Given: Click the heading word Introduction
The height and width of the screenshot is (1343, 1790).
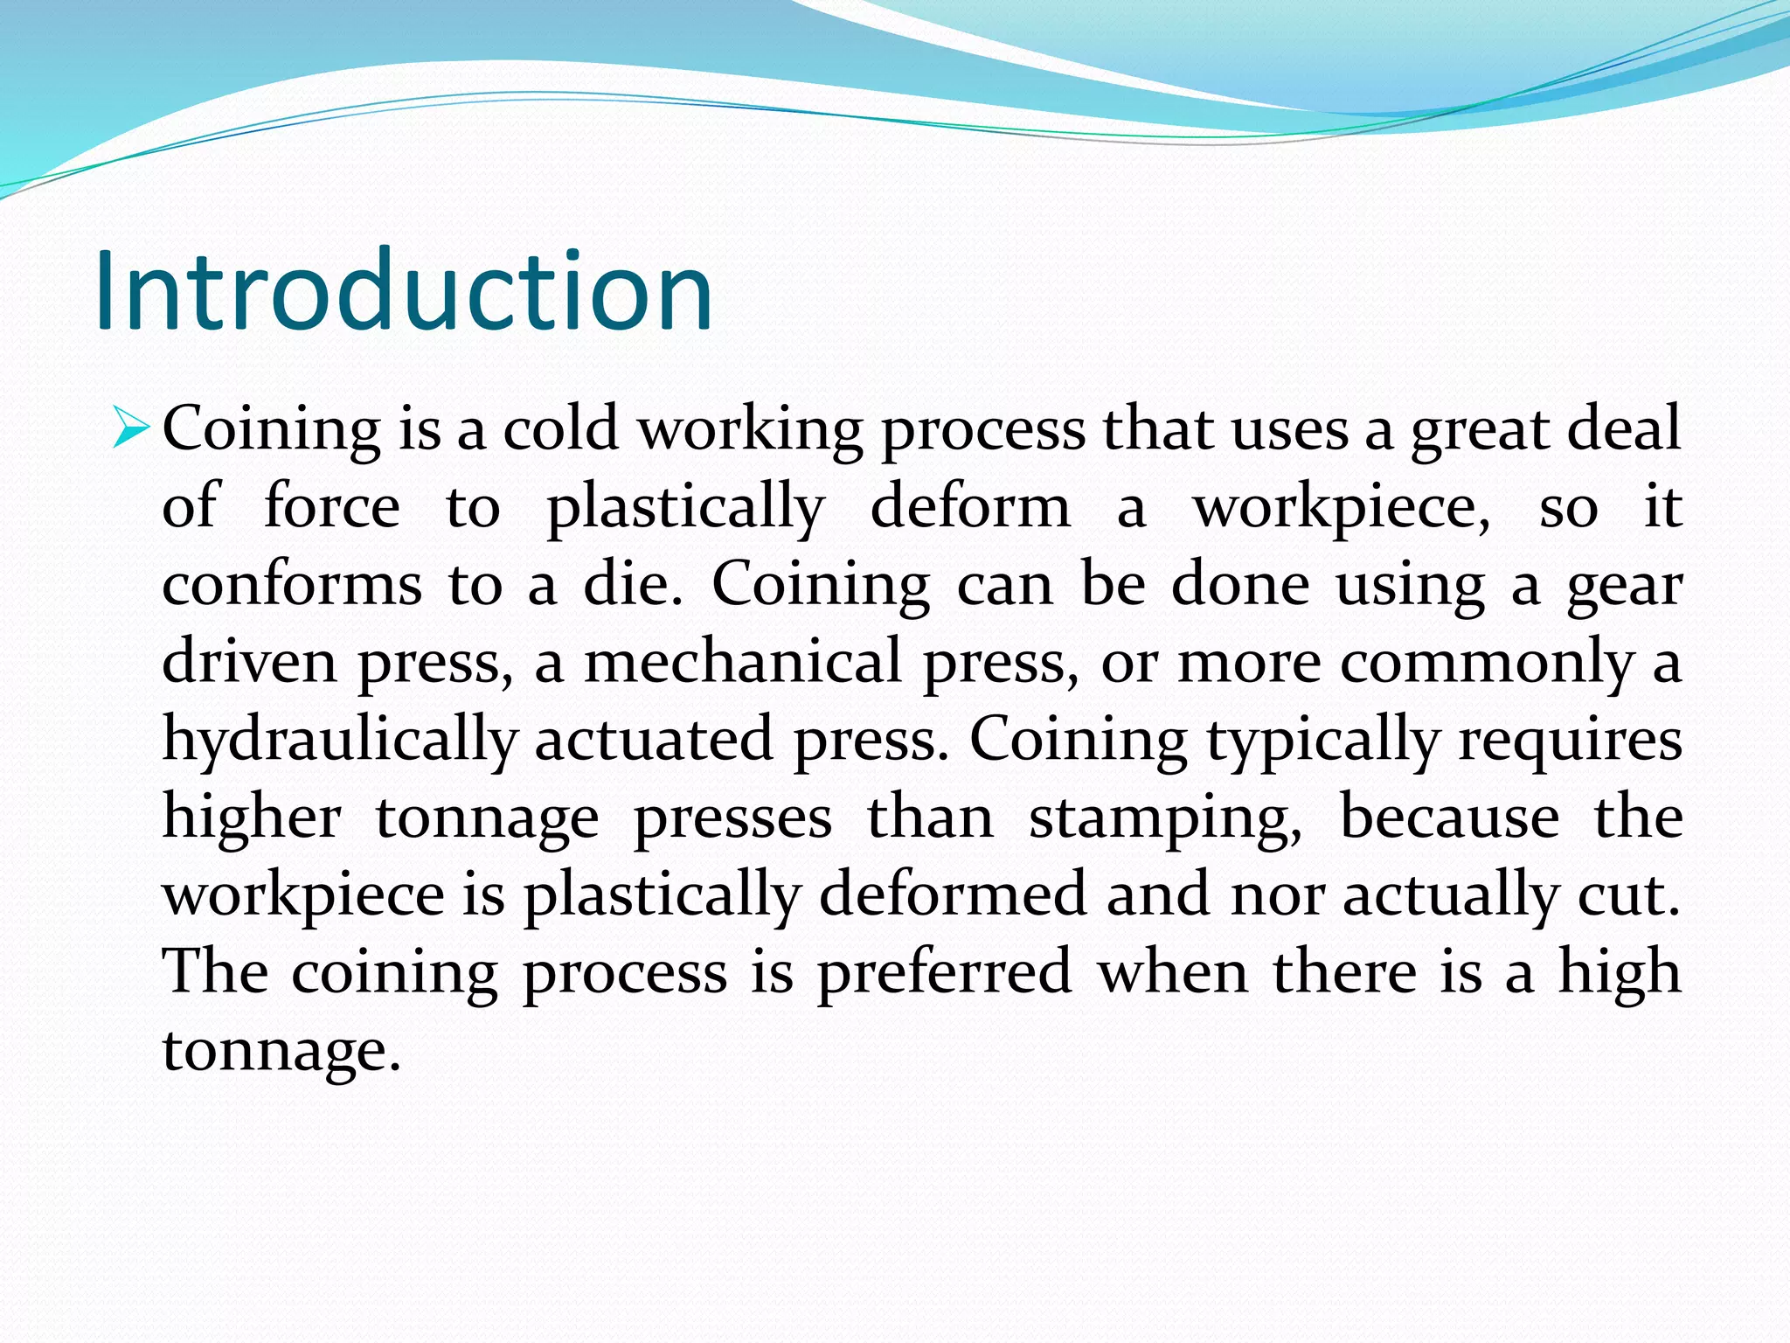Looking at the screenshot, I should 404,291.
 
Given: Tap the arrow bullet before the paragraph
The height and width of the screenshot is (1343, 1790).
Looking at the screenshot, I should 131,428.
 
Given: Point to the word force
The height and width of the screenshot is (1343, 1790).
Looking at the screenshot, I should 331,506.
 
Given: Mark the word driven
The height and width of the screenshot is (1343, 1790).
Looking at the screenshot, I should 249,661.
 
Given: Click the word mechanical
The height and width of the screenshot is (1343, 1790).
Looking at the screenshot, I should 742,661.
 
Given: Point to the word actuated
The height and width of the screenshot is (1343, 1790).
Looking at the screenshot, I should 654,740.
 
